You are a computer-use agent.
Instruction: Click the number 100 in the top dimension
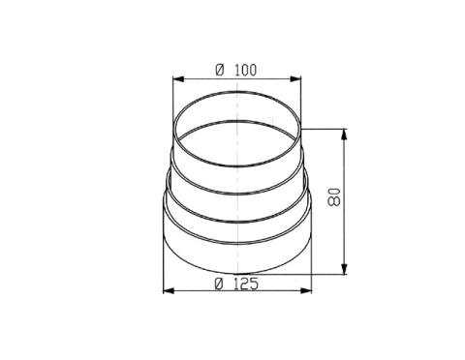pos(246,70)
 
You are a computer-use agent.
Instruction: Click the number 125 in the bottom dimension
pos(246,284)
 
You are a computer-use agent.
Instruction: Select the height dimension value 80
pos(334,196)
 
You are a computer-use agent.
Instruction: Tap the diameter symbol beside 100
pos(220,70)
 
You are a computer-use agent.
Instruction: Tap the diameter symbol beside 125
pos(219,284)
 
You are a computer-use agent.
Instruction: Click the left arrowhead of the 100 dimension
pos(178,79)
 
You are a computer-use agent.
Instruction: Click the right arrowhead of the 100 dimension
pos(295,79)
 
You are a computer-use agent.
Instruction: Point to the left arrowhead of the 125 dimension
pos(169,291)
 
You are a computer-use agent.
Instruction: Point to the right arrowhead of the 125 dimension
pos(306,291)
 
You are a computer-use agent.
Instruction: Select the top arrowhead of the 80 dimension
pos(345,135)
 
